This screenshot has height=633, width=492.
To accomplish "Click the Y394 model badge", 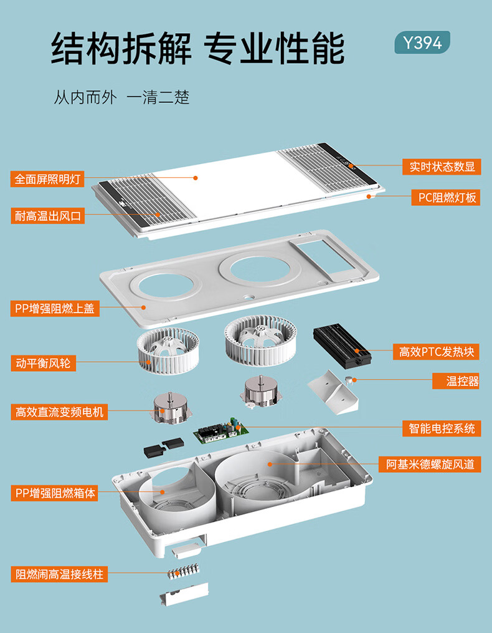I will tap(422, 42).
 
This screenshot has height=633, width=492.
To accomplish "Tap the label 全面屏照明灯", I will tap(49, 179).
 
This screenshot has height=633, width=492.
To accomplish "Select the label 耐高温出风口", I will tap(49, 216).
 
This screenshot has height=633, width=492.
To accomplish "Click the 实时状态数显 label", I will tap(442, 167).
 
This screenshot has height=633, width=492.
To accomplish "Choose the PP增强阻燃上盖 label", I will tap(55, 308).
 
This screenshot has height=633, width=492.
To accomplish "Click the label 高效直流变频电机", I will tap(60, 412).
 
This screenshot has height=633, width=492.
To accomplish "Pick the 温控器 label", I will tap(462, 381).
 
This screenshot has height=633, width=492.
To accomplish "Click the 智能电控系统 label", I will tap(442, 428).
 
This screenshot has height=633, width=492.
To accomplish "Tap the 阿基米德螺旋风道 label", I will tap(430, 464).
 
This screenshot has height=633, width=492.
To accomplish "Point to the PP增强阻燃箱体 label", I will tap(55, 493).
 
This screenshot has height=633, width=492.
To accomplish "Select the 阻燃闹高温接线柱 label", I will tap(58, 574).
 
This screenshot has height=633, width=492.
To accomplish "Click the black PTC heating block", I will tap(342, 344).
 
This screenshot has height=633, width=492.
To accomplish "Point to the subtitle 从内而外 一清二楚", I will tap(121, 98).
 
